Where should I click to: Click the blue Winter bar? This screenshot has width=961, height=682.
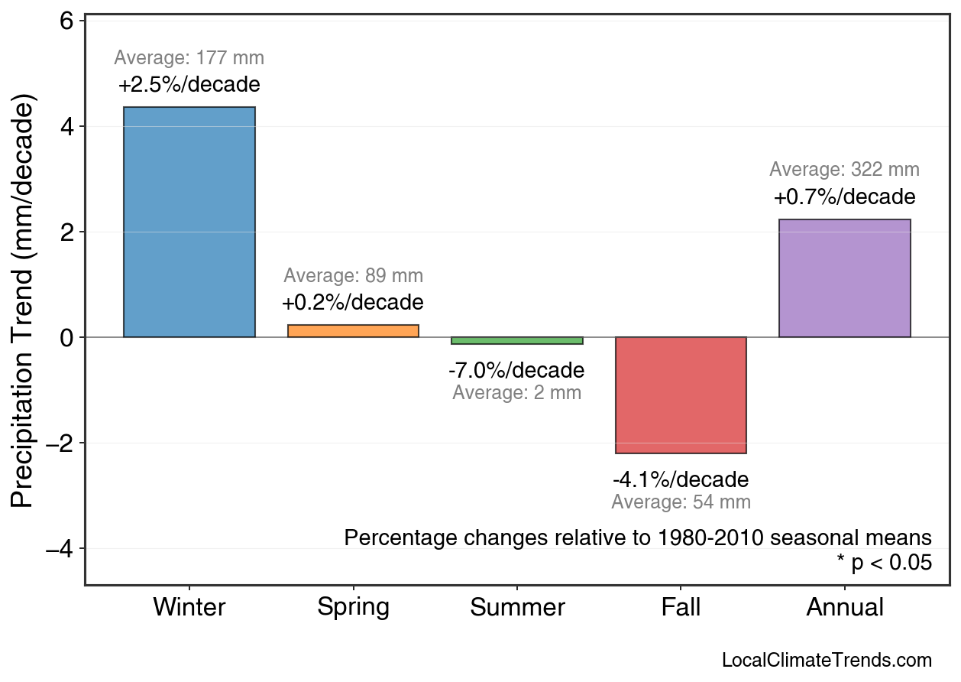coord(189,222)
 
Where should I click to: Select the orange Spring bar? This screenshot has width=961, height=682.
coord(353,331)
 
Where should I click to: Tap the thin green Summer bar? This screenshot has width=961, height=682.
coord(517,340)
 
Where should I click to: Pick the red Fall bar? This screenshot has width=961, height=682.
coord(681,395)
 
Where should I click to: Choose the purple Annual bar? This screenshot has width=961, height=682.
coord(844,278)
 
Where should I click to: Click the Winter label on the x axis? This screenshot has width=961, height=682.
coord(189,608)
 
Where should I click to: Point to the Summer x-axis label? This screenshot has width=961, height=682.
coord(517,608)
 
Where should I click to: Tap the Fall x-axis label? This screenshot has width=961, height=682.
coord(681,608)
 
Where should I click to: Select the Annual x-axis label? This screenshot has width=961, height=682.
coord(844,608)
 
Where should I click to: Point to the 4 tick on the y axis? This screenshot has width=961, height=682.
coord(66,126)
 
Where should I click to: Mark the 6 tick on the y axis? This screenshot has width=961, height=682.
coord(66,21)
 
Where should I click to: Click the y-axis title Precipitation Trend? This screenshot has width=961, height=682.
coord(24,302)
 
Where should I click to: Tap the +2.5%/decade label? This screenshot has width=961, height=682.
coord(189,84)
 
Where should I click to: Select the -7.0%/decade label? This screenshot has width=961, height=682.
coord(516,371)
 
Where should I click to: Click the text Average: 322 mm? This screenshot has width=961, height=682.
coord(844,170)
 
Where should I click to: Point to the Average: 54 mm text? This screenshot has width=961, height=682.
coord(681,502)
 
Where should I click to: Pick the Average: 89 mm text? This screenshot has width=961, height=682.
coord(353,276)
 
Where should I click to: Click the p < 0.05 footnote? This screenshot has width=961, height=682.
coord(884,563)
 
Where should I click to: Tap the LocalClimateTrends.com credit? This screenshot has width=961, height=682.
coord(827,661)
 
